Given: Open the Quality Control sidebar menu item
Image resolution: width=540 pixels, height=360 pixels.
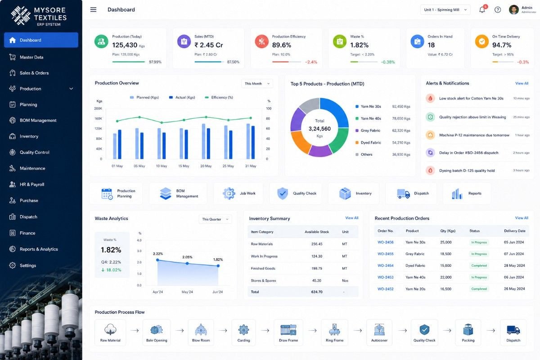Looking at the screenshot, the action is (35, 153).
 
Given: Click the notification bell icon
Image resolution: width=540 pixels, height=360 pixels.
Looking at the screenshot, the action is (482, 9).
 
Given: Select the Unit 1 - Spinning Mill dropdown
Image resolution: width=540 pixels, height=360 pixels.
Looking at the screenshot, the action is (445, 10).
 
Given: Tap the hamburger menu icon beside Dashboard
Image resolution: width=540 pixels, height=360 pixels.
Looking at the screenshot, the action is (93, 9).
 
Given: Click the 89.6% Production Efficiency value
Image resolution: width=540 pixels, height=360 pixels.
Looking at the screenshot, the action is (281, 45).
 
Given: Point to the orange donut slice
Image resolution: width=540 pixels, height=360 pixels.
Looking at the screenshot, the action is (300, 142).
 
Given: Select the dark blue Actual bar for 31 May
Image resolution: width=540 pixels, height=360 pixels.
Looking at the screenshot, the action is (253, 142).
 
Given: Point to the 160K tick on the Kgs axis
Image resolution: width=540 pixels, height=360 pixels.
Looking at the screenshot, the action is (98, 119).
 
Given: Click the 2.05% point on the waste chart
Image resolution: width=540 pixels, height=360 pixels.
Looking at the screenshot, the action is (187, 264).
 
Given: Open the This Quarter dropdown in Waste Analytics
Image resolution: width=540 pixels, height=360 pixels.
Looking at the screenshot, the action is (215, 219).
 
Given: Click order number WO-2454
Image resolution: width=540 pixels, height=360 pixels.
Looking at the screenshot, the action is (385, 265).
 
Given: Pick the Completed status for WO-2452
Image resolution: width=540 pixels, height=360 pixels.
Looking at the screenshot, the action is (479, 289).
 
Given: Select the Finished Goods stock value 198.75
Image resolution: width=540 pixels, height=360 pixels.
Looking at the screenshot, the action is (316, 268).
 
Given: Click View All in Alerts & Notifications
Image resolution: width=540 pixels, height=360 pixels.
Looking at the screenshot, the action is (522, 83).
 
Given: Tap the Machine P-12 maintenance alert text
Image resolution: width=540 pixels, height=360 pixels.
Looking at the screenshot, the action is (474, 135).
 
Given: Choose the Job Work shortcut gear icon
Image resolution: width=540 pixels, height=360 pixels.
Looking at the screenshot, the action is (229, 193).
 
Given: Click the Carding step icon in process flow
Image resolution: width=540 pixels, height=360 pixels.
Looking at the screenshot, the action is (243, 329).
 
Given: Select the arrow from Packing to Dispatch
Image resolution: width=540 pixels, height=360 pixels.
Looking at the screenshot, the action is (491, 330).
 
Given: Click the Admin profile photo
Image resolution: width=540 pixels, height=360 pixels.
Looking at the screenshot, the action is (513, 9).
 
